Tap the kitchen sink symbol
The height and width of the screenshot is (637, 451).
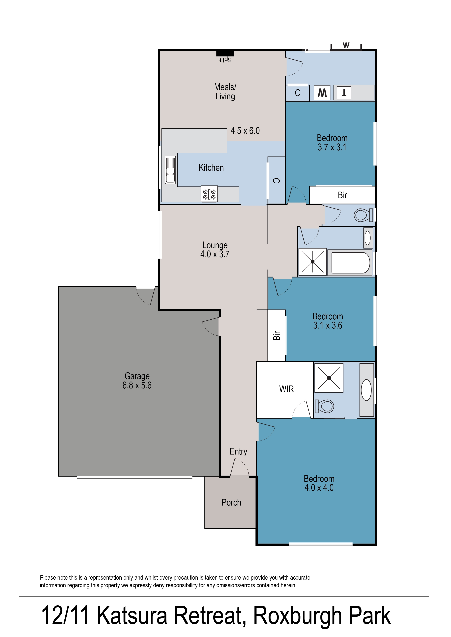170,170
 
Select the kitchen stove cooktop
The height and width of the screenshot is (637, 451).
209,194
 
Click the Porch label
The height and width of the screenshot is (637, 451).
231,502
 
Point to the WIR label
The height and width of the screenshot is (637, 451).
286,389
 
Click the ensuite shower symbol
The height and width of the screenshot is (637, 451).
329,378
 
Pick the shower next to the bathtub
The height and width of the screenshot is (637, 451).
312,262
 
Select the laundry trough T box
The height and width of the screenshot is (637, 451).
344,92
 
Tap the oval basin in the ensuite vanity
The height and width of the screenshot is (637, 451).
366,390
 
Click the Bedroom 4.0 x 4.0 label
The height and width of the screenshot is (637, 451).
319,483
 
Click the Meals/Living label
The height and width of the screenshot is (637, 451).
225,92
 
